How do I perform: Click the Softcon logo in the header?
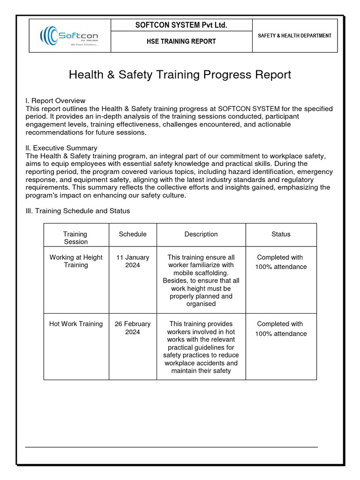pos(69,36)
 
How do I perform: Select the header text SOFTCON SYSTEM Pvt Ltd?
pos(181,25)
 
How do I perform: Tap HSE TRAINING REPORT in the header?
pos(181,41)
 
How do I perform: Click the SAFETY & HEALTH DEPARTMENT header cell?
pos(294,36)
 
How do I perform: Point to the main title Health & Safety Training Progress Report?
pos(180,75)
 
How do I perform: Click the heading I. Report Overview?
pos(55,101)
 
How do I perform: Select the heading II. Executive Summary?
pos(61,148)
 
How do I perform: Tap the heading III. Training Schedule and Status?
pos(78,211)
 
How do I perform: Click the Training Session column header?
pos(75,238)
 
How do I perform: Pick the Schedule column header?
pos(133,234)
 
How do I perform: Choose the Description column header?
pos(201,234)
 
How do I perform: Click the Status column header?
pos(281,234)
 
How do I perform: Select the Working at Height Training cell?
pos(76,261)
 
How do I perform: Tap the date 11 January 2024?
pos(133,261)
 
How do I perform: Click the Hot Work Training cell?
pos(76,324)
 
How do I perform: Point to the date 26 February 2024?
pos(133,328)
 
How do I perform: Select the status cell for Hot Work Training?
pos(280,329)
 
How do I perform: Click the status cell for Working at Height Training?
pos(280,262)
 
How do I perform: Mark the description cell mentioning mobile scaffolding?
pos(201,280)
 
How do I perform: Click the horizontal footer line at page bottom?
pos(171,447)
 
